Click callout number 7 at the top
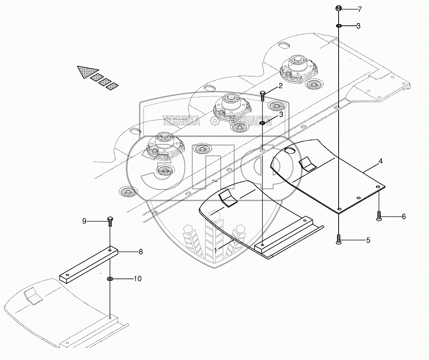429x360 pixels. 359,8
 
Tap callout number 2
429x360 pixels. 280,86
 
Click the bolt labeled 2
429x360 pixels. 262,95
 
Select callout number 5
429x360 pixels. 368,240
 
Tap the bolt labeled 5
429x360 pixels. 339,239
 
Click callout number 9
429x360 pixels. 84,221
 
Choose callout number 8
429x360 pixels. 141,252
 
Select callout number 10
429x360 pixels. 138,278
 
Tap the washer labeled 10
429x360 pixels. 110,279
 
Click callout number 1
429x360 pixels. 215,249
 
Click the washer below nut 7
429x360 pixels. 339,26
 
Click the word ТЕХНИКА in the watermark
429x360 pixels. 181,121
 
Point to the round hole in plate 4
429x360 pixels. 290,150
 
